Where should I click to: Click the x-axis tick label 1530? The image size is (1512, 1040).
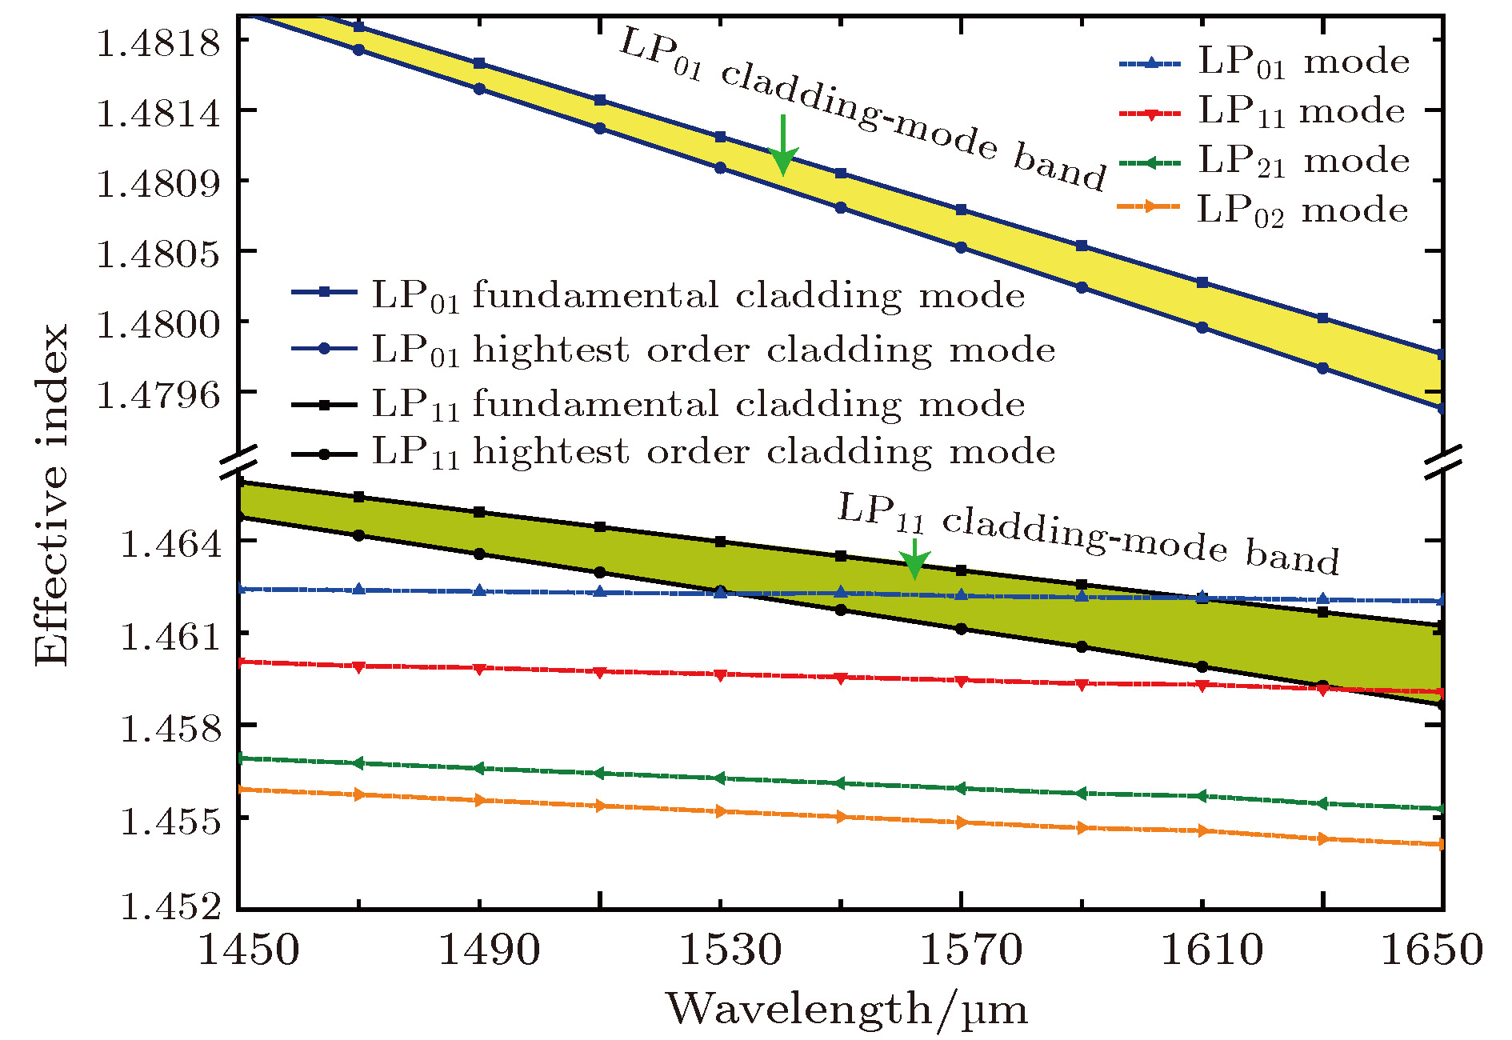click(x=729, y=950)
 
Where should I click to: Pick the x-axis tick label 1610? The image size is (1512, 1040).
click(x=1211, y=950)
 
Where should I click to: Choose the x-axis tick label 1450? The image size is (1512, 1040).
click(x=247, y=950)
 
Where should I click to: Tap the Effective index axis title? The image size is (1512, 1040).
click(x=53, y=494)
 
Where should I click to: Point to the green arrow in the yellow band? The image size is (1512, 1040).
click(x=782, y=146)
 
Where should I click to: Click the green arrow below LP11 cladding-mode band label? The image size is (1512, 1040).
click(x=914, y=558)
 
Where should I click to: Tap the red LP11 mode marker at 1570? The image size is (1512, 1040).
click(x=962, y=681)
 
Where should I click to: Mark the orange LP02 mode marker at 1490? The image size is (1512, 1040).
click(x=479, y=800)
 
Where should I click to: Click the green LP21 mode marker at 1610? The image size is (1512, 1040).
click(x=1202, y=796)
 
